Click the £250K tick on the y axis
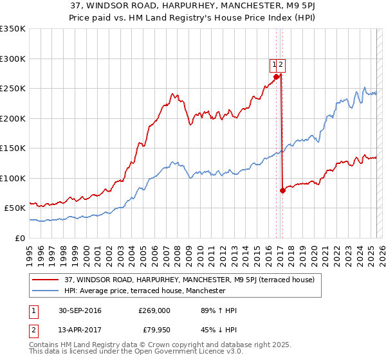point(13,88)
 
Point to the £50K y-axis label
point(15,208)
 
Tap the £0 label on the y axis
point(20,238)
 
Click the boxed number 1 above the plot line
point(274,64)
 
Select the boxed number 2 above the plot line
point(282,64)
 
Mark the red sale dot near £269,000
point(277,76)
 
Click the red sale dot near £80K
point(282,190)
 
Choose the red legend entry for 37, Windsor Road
point(189,280)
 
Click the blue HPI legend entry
point(145,291)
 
